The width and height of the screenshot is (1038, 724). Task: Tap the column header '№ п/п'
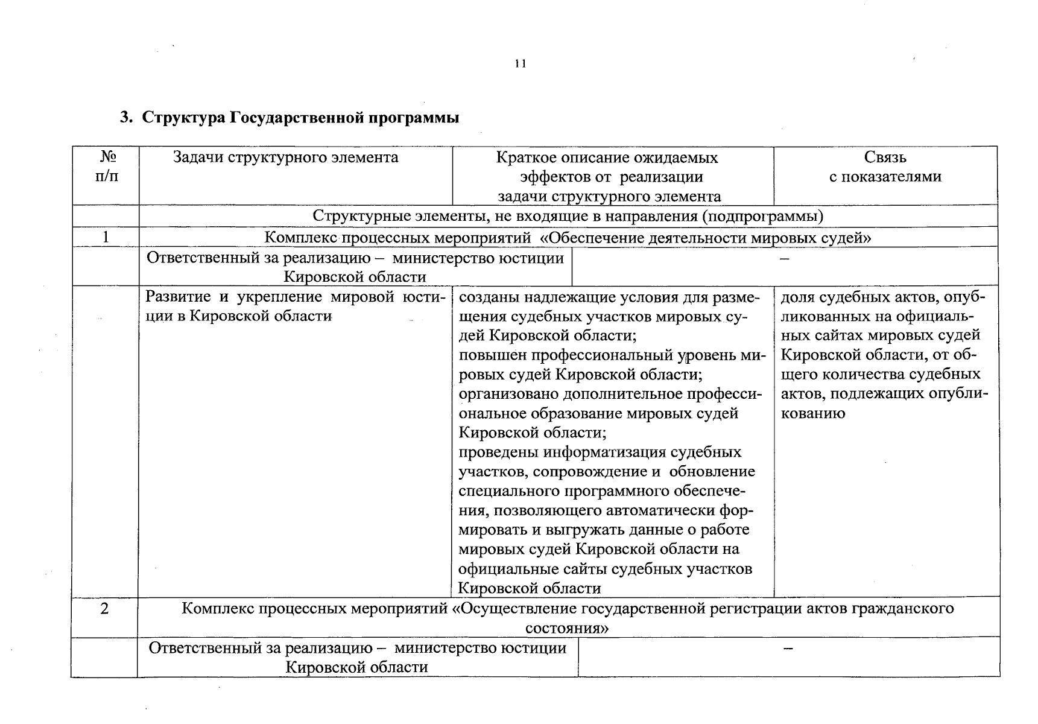107,167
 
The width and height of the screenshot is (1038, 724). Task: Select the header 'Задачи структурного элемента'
285,157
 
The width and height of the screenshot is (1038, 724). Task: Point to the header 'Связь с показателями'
885,167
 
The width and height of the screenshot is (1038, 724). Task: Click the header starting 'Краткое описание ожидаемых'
607,176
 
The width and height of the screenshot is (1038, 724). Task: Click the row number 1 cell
106,237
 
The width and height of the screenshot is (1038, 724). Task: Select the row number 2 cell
104,608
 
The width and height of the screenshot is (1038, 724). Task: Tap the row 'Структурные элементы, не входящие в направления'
568,216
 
